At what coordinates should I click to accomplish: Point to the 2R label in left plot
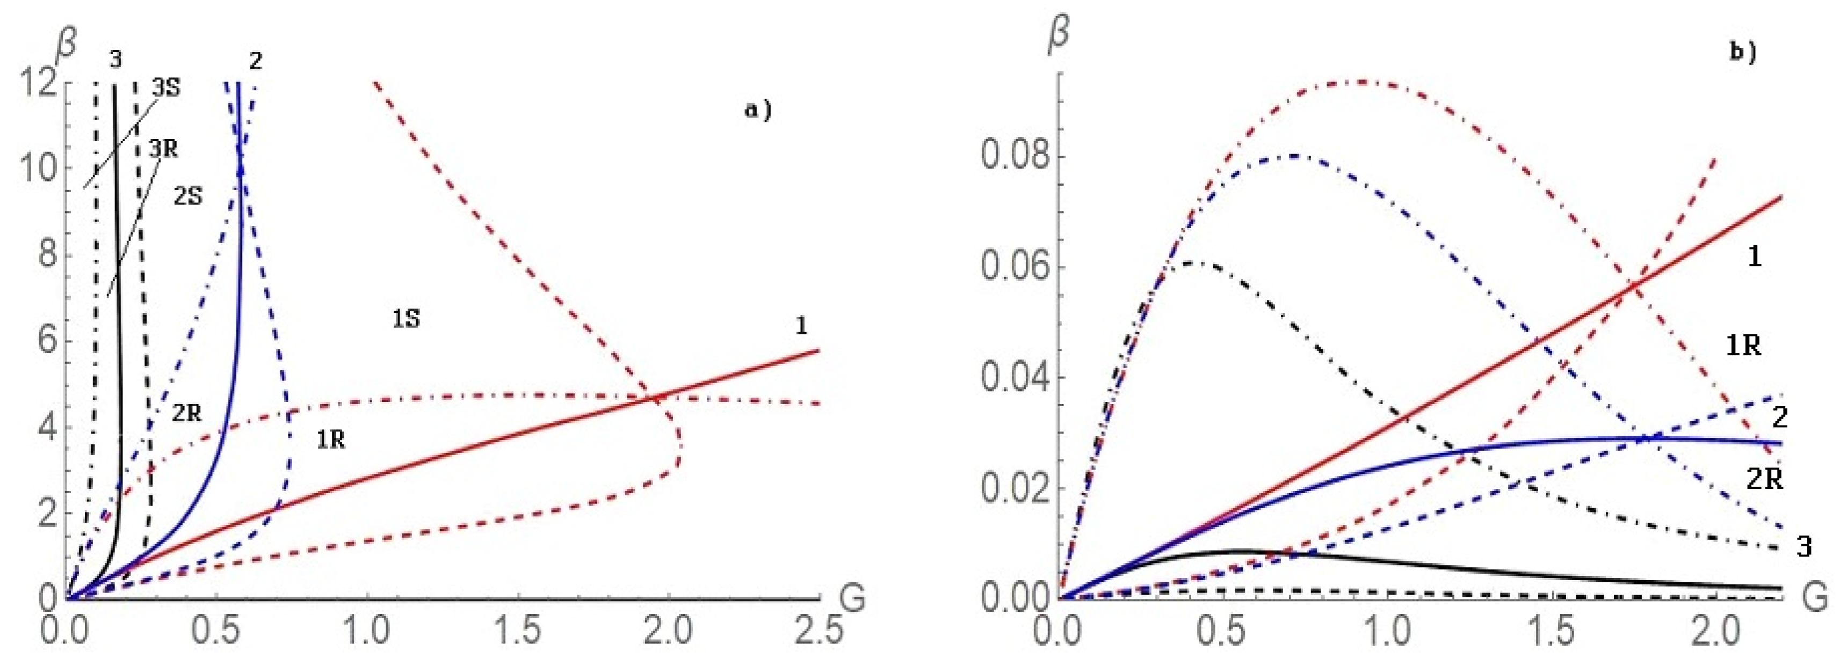186,412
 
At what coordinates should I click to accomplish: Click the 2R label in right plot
1764,480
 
